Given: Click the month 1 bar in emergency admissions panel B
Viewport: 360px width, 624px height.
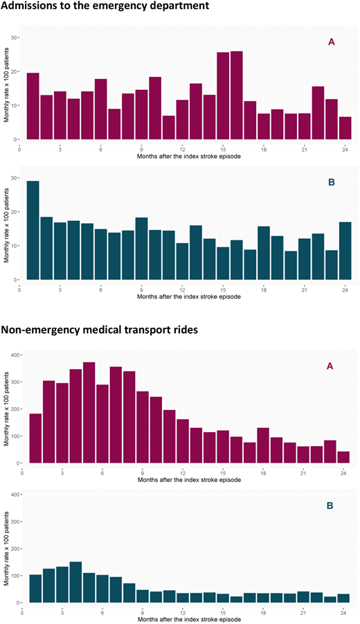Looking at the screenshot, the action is pos(33,231).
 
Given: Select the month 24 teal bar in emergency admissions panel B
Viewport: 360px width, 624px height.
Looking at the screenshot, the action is pos(345,251).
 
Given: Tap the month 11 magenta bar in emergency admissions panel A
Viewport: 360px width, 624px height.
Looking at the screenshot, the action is pos(169,127).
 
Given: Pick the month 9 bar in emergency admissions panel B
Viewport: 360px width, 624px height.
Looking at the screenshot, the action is pos(142,249).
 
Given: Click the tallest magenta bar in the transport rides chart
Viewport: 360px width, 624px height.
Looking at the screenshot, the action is pos(89,413).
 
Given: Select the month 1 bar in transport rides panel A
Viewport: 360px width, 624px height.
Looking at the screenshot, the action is pos(35,438).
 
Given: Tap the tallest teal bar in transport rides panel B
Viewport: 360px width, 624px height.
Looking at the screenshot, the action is pos(75,582).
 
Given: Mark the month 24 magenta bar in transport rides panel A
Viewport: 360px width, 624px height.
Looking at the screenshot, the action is pos(343,457).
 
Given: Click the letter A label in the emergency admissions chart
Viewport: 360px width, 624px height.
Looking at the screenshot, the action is pos(332,42).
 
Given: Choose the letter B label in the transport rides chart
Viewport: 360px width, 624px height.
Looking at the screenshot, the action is pos(330,506).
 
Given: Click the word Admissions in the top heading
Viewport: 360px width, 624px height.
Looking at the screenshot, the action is pos(27,6).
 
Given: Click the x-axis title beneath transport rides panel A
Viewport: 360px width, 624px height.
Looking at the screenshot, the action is pos(190,480).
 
